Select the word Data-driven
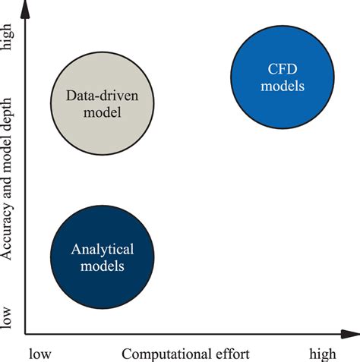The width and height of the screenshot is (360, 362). tap(100, 97)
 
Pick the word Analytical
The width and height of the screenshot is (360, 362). tap(102, 249)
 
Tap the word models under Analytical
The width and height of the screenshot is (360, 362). tap(102, 266)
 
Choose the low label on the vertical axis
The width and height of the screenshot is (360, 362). tap(8, 317)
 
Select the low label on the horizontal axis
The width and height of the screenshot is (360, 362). tap(43, 354)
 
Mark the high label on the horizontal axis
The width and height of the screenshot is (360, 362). tap(322, 354)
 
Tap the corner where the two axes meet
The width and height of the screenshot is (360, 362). tap(26, 333)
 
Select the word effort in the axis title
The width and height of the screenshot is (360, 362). tap(231, 354)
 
